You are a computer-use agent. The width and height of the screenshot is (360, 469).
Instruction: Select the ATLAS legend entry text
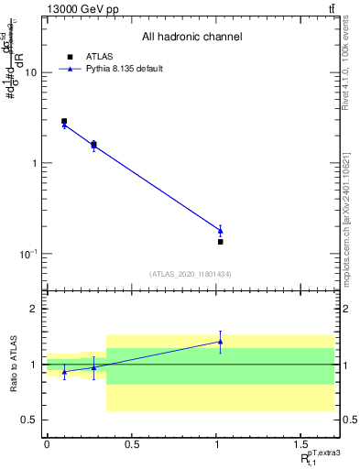tap(98, 56)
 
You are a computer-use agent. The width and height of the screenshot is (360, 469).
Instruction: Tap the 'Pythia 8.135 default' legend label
tap(123, 69)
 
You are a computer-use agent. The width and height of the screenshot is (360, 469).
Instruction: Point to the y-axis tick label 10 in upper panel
tap(31, 73)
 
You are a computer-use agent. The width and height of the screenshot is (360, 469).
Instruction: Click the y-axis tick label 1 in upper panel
tap(34, 163)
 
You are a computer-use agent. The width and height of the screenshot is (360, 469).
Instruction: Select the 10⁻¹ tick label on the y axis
tap(29, 254)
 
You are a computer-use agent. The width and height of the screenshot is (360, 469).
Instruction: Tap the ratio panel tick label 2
tap(35, 309)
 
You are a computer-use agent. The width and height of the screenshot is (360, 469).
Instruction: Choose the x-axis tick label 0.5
tap(131, 445)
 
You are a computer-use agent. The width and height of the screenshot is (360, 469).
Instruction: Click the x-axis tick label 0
tap(47, 445)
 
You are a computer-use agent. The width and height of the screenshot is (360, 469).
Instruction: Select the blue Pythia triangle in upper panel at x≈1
tap(220, 231)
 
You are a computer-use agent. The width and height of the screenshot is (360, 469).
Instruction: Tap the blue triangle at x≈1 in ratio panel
tap(220, 342)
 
